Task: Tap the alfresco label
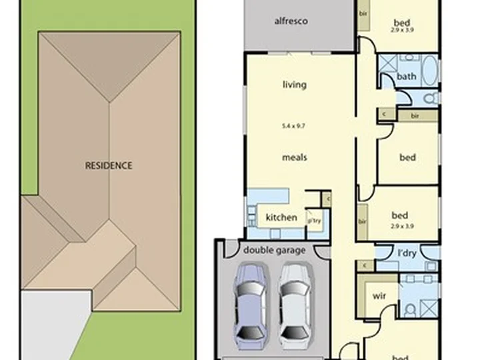(291, 21)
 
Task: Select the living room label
(294, 85)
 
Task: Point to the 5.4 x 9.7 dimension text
(294, 125)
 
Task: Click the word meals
(294, 157)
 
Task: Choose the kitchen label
(281, 217)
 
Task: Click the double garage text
(274, 251)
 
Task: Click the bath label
(406, 77)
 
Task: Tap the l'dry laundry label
(406, 254)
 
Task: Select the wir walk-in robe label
(379, 295)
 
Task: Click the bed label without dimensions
(407, 157)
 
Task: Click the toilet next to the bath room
(431, 98)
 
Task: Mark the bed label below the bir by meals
(399, 215)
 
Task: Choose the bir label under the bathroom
(414, 116)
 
